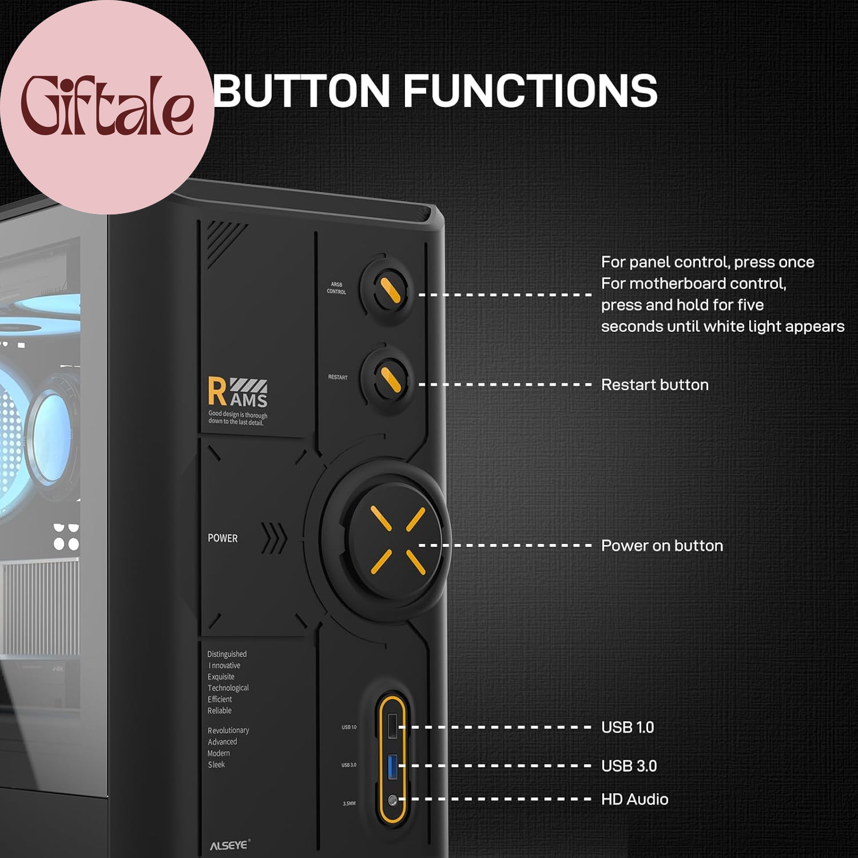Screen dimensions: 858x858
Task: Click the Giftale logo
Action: [106, 106]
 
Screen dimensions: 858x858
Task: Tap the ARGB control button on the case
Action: [391, 288]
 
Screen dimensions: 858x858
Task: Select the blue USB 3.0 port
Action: [392, 766]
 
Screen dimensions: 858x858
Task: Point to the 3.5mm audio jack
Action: [392, 801]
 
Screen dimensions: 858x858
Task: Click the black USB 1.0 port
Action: [392, 726]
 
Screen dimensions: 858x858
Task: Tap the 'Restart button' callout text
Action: [654, 385]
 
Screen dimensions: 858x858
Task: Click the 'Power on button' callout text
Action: [662, 546]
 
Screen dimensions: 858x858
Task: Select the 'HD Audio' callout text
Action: [634, 800]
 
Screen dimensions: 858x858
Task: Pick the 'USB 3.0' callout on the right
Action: [629, 766]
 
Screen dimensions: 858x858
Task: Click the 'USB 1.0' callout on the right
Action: [627, 728]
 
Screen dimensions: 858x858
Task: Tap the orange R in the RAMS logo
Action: [217, 391]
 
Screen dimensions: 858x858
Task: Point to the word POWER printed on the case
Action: [223, 538]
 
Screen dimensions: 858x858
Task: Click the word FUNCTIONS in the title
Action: [530, 90]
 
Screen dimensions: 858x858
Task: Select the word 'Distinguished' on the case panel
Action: [227, 654]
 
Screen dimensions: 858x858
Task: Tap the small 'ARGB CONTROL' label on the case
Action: [336, 288]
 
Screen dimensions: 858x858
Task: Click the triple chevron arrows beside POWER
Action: [274, 538]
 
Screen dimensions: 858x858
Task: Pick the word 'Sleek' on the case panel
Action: [216, 765]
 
